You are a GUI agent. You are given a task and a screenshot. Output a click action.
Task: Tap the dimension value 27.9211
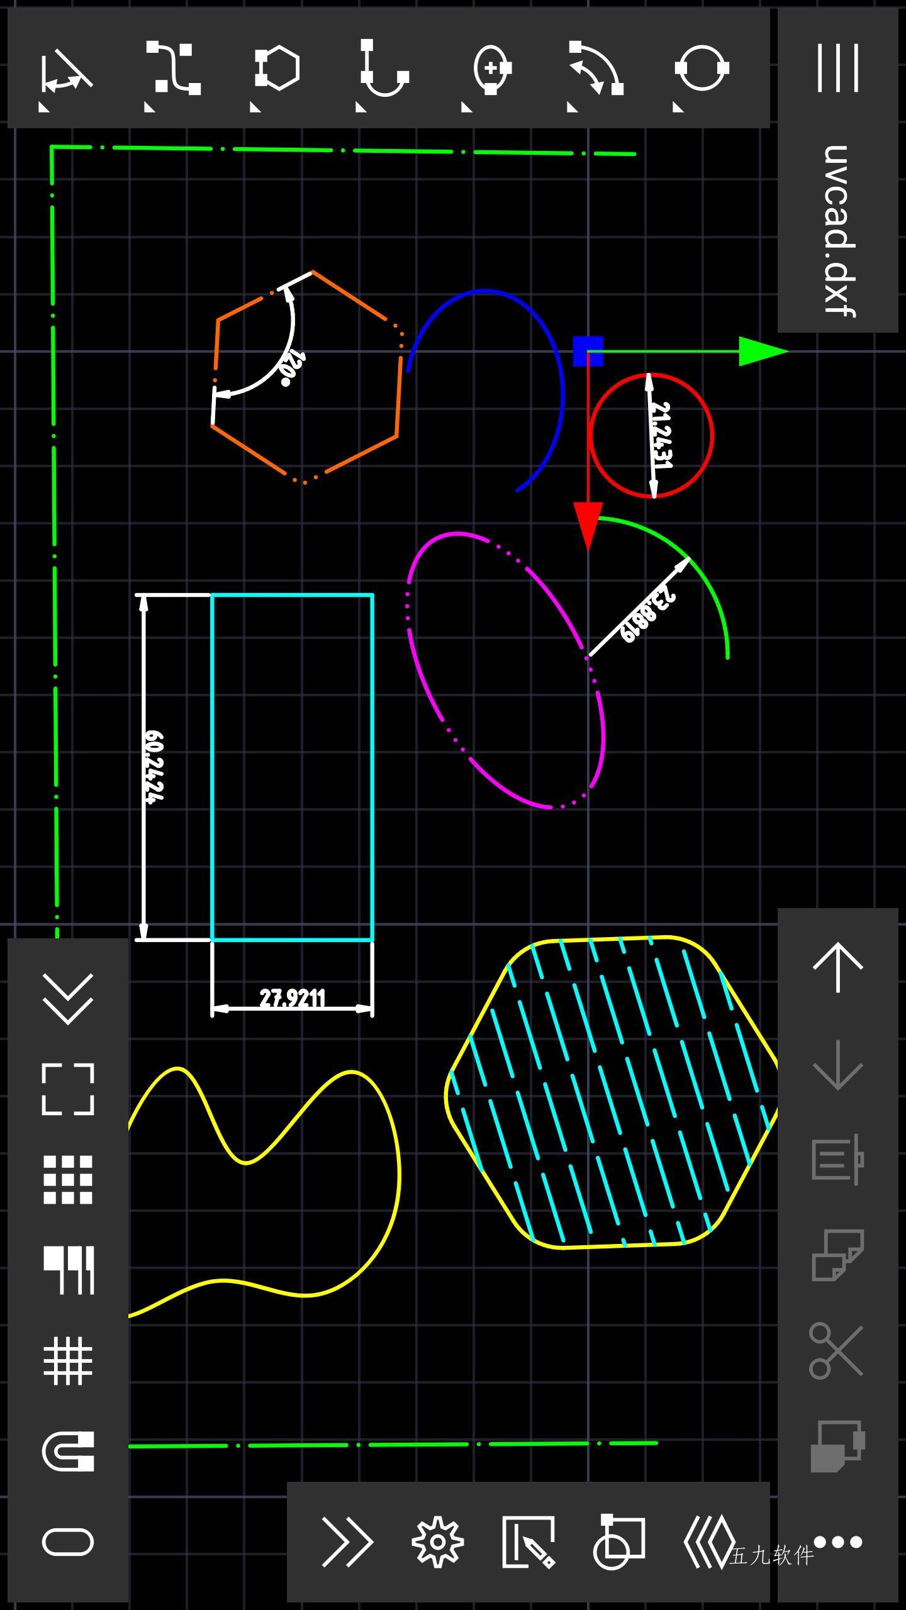(x=293, y=998)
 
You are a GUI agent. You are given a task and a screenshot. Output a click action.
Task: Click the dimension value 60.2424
(x=154, y=767)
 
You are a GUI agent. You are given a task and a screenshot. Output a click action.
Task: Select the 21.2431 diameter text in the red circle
(x=662, y=435)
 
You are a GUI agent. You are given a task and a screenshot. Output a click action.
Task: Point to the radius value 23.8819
(x=647, y=615)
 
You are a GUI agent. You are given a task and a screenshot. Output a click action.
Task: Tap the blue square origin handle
(x=588, y=351)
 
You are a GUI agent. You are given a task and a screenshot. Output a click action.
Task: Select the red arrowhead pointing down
(x=588, y=526)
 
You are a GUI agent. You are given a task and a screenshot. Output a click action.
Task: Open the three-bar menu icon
(x=838, y=68)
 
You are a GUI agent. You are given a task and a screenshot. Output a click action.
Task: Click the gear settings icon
(x=438, y=1541)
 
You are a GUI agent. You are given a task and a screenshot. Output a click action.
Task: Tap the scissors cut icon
(x=837, y=1351)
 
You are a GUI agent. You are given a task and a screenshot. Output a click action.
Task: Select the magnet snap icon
(x=68, y=1451)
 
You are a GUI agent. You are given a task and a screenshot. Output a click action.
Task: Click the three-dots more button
(x=838, y=1541)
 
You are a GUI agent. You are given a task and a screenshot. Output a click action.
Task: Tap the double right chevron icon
(x=347, y=1541)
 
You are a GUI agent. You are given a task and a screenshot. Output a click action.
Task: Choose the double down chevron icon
(x=68, y=999)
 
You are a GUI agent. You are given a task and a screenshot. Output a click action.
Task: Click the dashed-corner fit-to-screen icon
(x=68, y=1089)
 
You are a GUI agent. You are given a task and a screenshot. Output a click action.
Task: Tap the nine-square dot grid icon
(x=68, y=1180)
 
